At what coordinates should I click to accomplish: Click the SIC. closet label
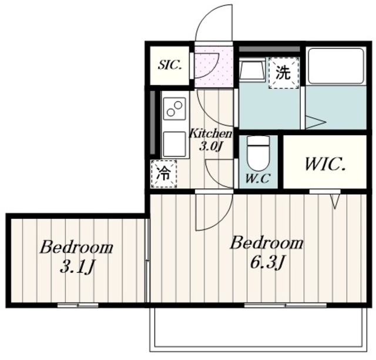[169, 64]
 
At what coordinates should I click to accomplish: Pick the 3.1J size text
[76, 268]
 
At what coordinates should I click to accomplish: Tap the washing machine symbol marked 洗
[283, 73]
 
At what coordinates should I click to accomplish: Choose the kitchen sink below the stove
[174, 144]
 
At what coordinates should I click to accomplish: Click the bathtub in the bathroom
[337, 66]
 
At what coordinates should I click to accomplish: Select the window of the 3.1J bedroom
[78, 305]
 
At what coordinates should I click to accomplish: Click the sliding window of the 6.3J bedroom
[285, 305]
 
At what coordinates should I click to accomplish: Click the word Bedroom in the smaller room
[76, 247]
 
